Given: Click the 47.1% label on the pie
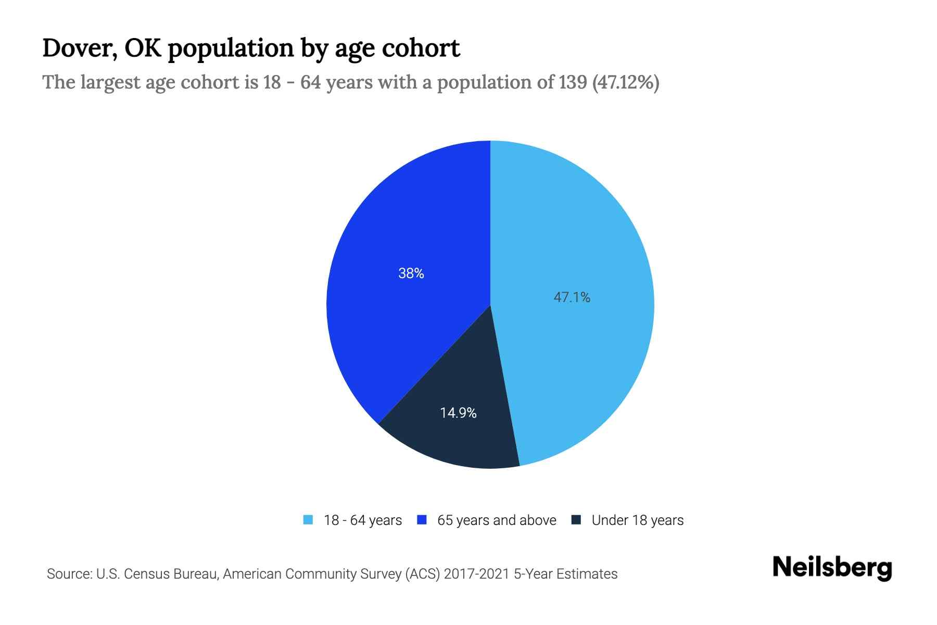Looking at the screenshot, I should click(x=572, y=297).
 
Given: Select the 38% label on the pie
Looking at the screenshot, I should click(x=411, y=273).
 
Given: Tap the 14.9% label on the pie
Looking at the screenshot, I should click(x=458, y=413).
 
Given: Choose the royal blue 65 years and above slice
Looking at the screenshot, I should click(x=396, y=323).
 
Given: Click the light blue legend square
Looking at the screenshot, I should click(x=308, y=520).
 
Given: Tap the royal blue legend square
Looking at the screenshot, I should click(x=422, y=520).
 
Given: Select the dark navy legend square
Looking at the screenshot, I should click(x=576, y=520).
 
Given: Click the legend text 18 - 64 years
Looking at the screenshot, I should click(x=363, y=520).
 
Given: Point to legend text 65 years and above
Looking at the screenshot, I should click(x=497, y=520).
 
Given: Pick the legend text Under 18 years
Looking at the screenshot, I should click(x=638, y=520).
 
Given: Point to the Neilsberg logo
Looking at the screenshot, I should click(x=832, y=568).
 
